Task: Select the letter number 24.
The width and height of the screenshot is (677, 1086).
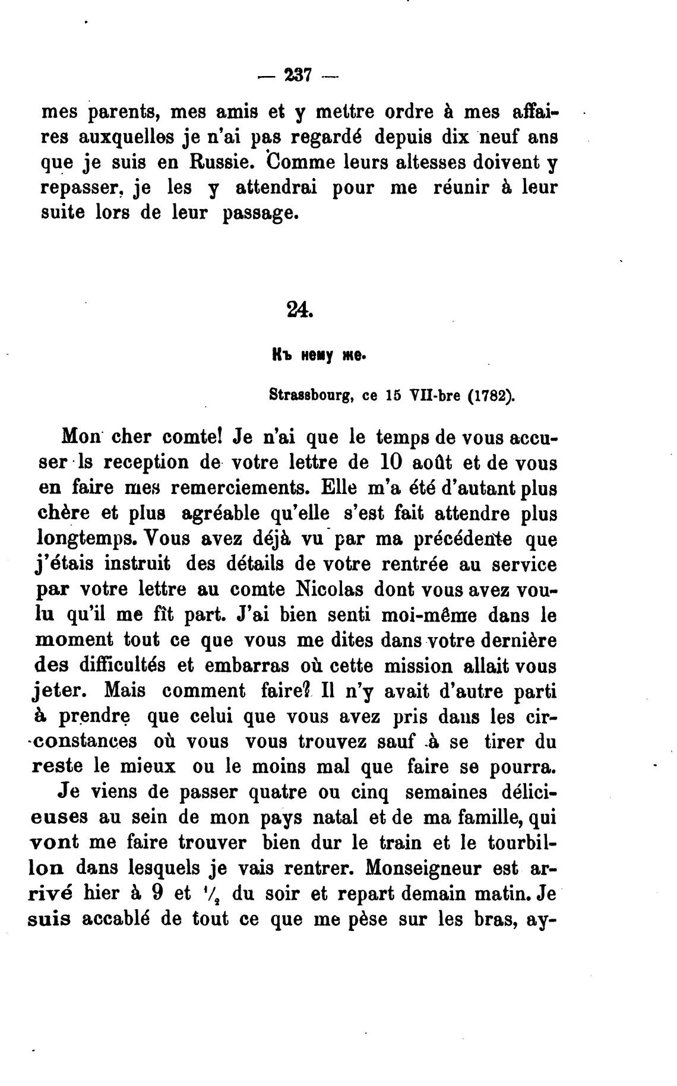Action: click(x=299, y=309)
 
